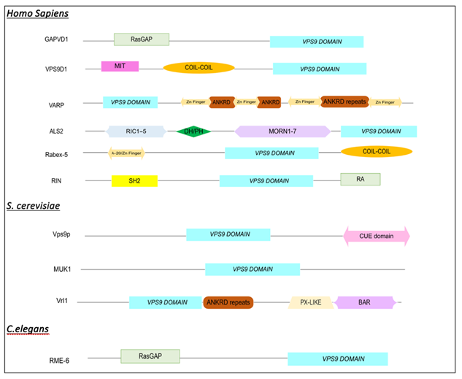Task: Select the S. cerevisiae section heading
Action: [x=32, y=206]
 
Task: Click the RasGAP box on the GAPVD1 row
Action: [x=141, y=39]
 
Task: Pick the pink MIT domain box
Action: [x=120, y=66]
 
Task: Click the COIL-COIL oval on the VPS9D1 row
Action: [x=199, y=68]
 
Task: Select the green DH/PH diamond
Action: [x=193, y=131]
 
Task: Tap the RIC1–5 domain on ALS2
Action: [x=136, y=131]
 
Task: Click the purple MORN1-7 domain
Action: [x=282, y=131]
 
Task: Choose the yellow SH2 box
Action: [x=134, y=180]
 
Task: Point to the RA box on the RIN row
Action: [x=360, y=179]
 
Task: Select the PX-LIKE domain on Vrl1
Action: [x=312, y=302]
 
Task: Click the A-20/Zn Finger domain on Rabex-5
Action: [x=126, y=153]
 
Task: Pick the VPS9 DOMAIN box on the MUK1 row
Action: [x=253, y=269]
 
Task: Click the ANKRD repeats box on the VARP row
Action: [x=344, y=102]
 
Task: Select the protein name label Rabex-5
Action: [x=58, y=154]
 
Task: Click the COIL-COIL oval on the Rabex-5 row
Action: [x=376, y=151]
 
